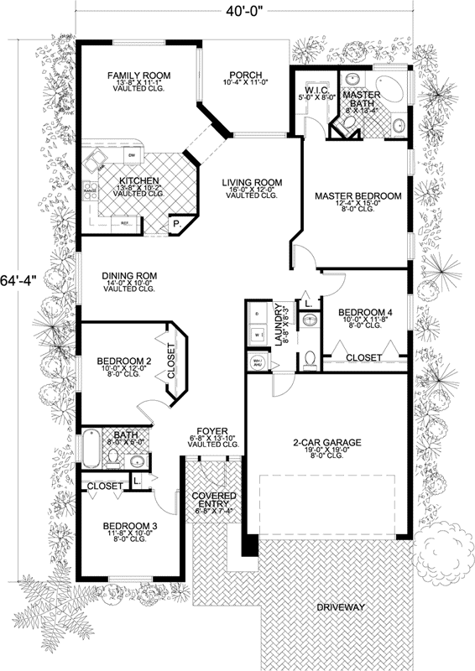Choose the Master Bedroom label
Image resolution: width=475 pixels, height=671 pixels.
[358, 196]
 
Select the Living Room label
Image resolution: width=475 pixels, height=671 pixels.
[252, 183]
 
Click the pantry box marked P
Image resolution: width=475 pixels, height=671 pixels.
[177, 225]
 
